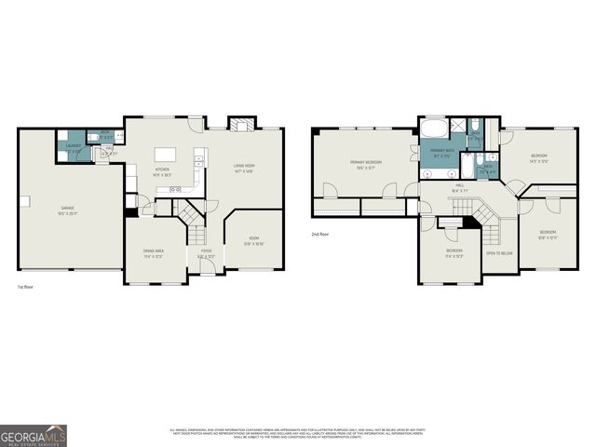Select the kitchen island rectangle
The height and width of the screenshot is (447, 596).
[x=166, y=156]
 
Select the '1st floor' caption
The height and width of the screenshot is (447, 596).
[x=27, y=288]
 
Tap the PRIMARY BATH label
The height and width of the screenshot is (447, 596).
[x=441, y=152]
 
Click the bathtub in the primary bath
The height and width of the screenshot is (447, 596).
[x=433, y=129]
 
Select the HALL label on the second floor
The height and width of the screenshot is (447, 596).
[x=459, y=187]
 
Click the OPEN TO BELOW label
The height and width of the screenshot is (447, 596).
[x=500, y=253]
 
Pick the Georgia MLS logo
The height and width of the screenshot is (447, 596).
[x=34, y=436]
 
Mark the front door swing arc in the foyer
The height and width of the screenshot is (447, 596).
[x=209, y=267]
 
